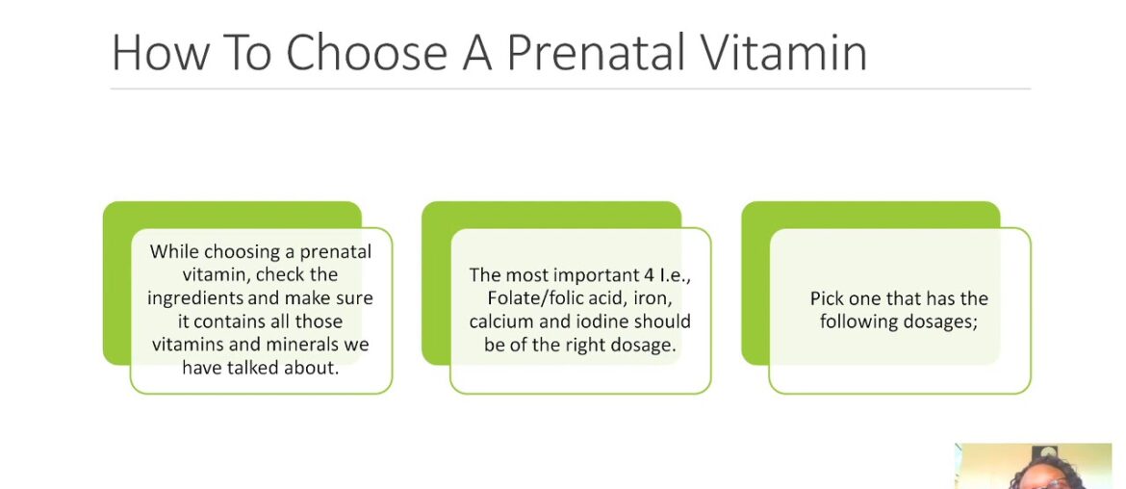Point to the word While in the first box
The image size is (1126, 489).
coord(174,251)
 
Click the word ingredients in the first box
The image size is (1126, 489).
coord(192,297)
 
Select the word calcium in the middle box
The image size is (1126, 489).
coord(502,322)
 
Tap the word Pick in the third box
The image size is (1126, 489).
coord(827,298)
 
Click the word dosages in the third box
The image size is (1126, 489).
coord(941,322)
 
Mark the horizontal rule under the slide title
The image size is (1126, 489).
coord(570,89)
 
